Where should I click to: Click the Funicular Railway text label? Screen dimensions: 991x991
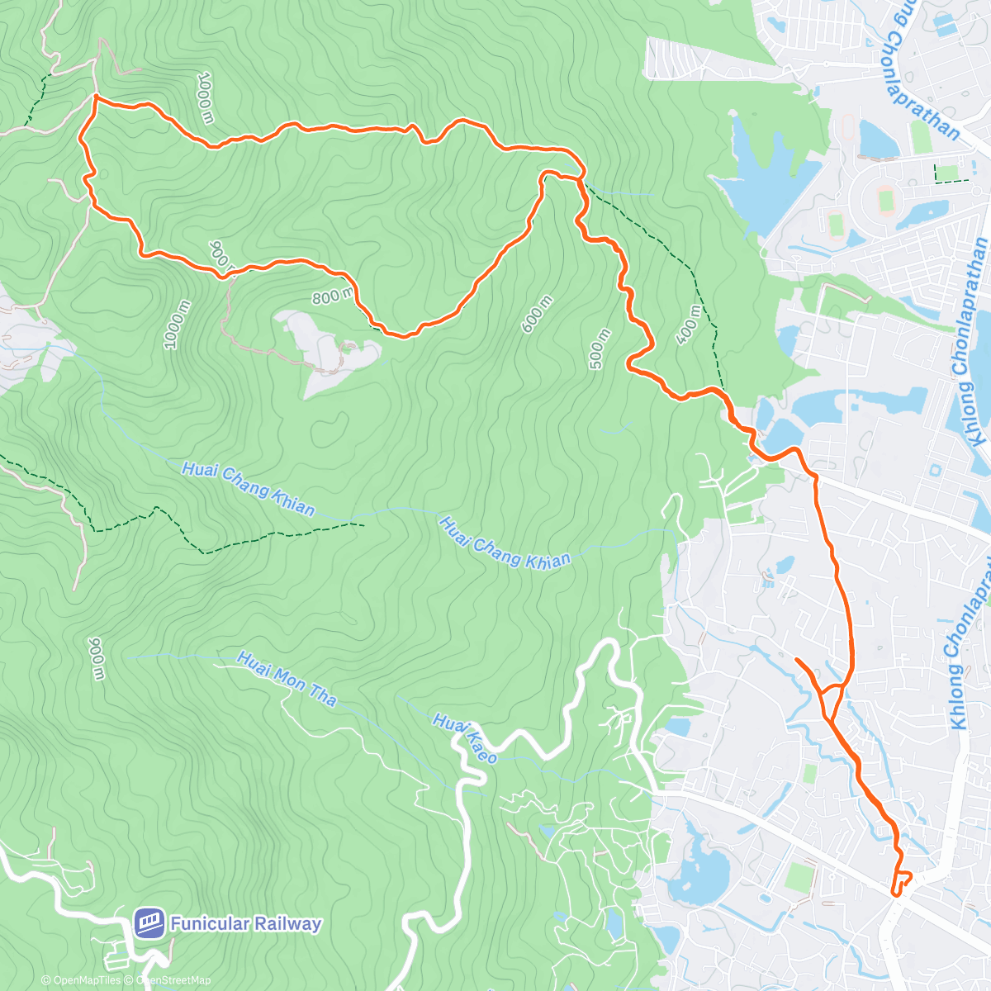pyautogui.click(x=245, y=923)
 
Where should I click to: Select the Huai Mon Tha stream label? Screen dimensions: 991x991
pyautogui.click(x=287, y=680)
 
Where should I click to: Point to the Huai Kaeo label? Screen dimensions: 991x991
pyautogui.click(x=465, y=738)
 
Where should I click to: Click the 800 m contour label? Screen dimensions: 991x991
pyautogui.click(x=333, y=295)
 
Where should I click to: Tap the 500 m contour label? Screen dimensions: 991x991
pyautogui.click(x=600, y=348)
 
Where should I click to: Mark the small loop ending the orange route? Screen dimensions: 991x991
pyautogui.click(x=901, y=883)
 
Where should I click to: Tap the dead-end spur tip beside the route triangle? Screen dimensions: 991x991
pyautogui.click(x=797, y=660)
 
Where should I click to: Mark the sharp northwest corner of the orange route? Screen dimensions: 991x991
pyautogui.click(x=96, y=97)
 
